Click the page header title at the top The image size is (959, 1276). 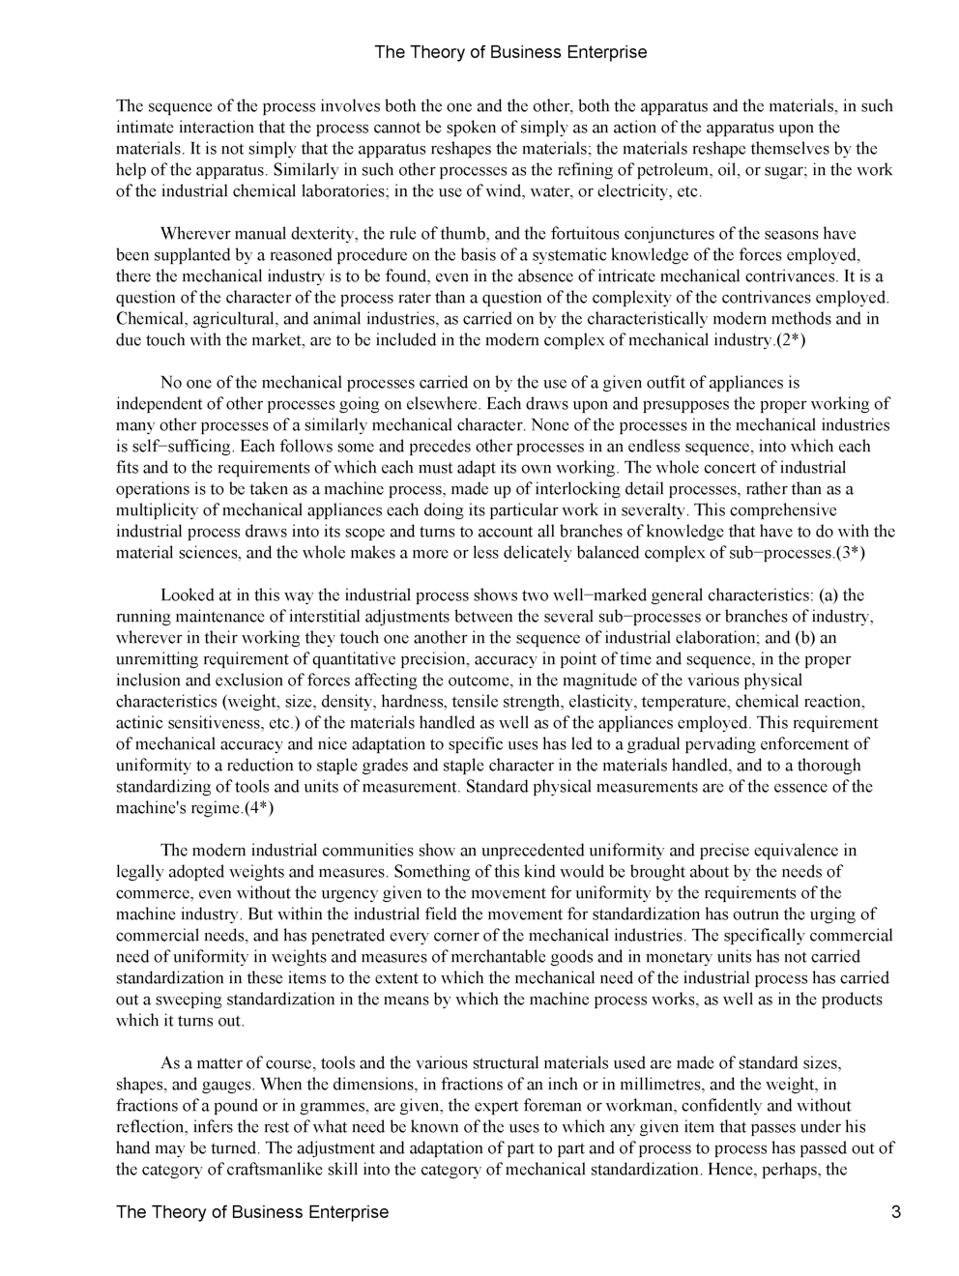509,52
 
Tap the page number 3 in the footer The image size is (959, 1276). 896,1212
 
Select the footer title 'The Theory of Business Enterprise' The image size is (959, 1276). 251,1212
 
